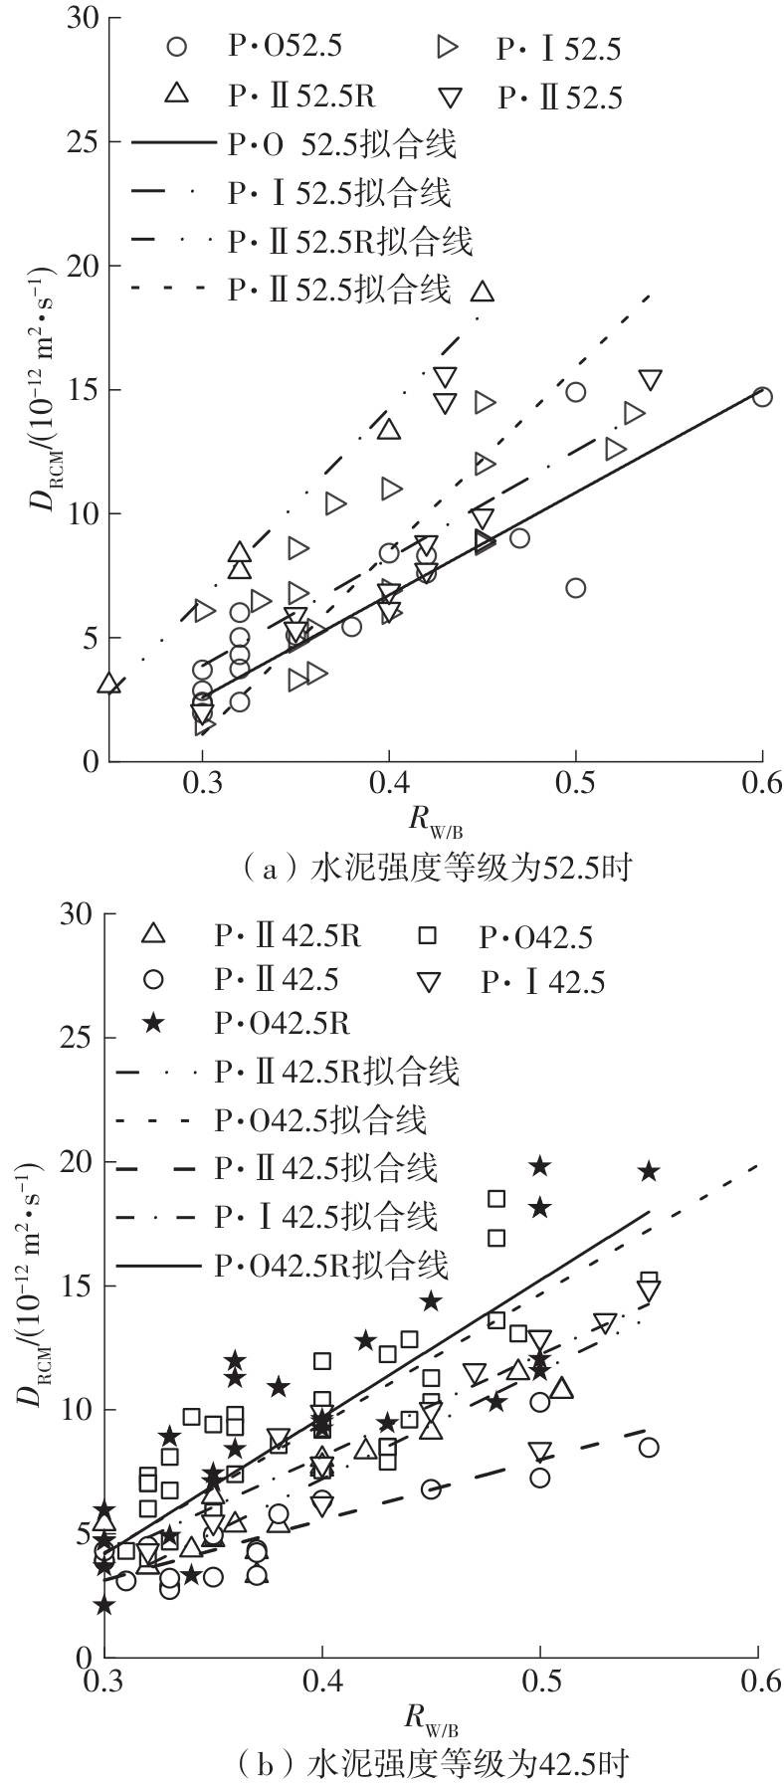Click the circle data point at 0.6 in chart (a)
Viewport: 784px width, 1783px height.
coord(762,396)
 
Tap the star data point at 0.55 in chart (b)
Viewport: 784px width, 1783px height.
coord(649,1172)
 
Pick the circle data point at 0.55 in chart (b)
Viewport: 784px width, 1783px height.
coord(649,1447)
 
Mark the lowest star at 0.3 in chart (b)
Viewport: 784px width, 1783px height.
coord(103,1604)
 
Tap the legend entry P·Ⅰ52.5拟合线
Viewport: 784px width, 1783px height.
coord(291,192)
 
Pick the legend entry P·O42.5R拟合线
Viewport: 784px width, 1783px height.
coord(283,1265)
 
